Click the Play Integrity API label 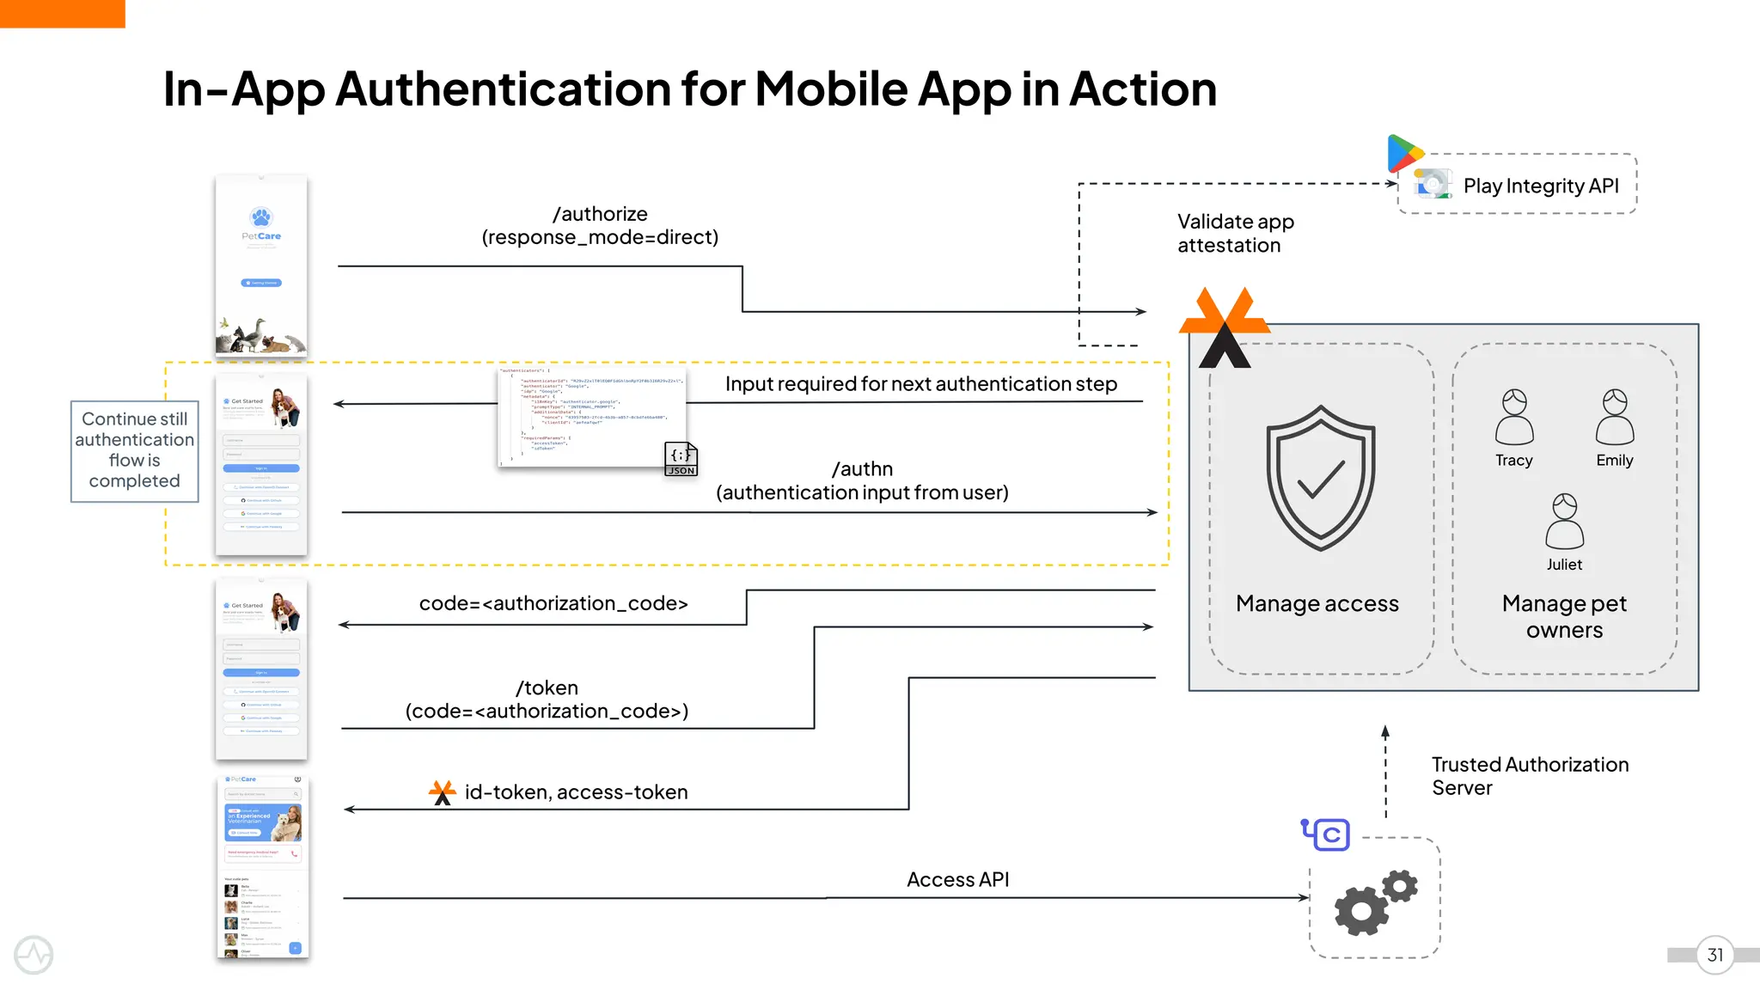point(1540,186)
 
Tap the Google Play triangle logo point(1404,153)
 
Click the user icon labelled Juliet point(1564,521)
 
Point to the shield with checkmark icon point(1320,478)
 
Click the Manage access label point(1317,603)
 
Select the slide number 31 point(1714,955)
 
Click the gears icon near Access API point(1374,902)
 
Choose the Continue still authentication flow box point(135,450)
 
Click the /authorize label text point(600,214)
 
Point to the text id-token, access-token point(576,791)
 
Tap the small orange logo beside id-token point(442,791)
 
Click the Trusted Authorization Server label point(1529,775)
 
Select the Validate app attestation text point(1235,233)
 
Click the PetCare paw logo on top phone point(261,217)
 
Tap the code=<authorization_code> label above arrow point(553,603)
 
